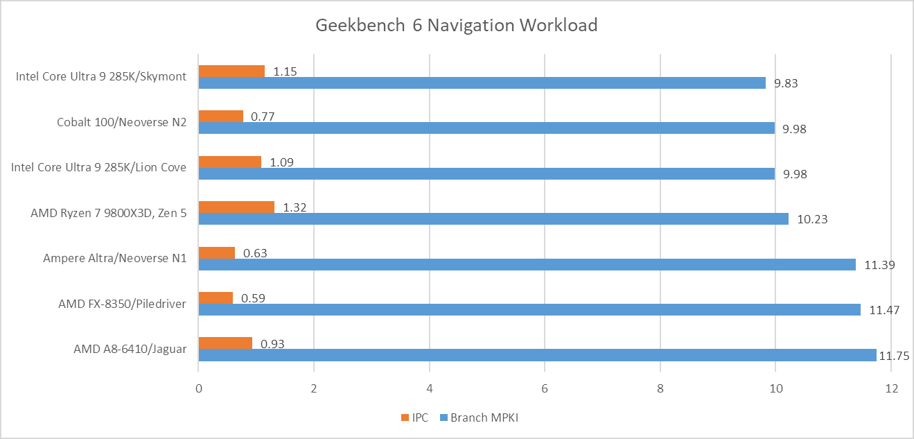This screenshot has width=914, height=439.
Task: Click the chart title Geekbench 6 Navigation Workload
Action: point(457,26)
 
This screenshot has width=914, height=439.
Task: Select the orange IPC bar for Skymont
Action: point(231,71)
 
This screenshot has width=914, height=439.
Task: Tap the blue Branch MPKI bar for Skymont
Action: point(482,83)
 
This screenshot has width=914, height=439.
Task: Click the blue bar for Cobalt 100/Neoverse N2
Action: point(486,128)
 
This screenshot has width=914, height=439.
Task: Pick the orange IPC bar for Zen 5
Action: point(236,207)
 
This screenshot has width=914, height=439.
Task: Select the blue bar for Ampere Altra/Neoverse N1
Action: point(527,264)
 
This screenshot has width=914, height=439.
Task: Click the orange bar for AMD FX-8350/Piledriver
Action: point(216,298)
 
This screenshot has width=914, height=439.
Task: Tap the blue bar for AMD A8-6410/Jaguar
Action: point(538,355)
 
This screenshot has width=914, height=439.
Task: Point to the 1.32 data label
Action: point(295,207)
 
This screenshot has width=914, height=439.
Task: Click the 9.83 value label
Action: point(786,83)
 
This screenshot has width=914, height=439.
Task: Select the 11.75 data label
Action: point(894,356)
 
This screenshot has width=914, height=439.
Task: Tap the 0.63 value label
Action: point(255,253)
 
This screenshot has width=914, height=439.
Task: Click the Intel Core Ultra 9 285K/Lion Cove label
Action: point(98,167)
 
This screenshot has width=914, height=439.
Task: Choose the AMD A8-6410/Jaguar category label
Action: point(130,349)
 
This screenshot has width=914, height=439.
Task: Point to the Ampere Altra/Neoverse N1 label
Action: point(115,258)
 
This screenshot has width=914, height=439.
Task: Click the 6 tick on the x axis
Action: point(545,388)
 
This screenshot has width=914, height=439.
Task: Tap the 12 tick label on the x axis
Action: point(892,388)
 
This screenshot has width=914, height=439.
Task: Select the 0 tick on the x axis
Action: point(199,388)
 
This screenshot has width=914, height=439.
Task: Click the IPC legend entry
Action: point(415,418)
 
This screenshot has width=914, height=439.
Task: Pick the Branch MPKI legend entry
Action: point(479,418)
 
